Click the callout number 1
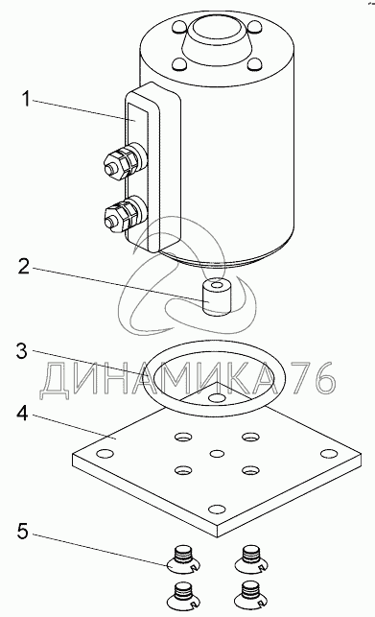click(26, 99)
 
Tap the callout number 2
click(24, 267)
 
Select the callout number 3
click(22, 350)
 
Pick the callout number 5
click(23, 532)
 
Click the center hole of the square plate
click(217, 454)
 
